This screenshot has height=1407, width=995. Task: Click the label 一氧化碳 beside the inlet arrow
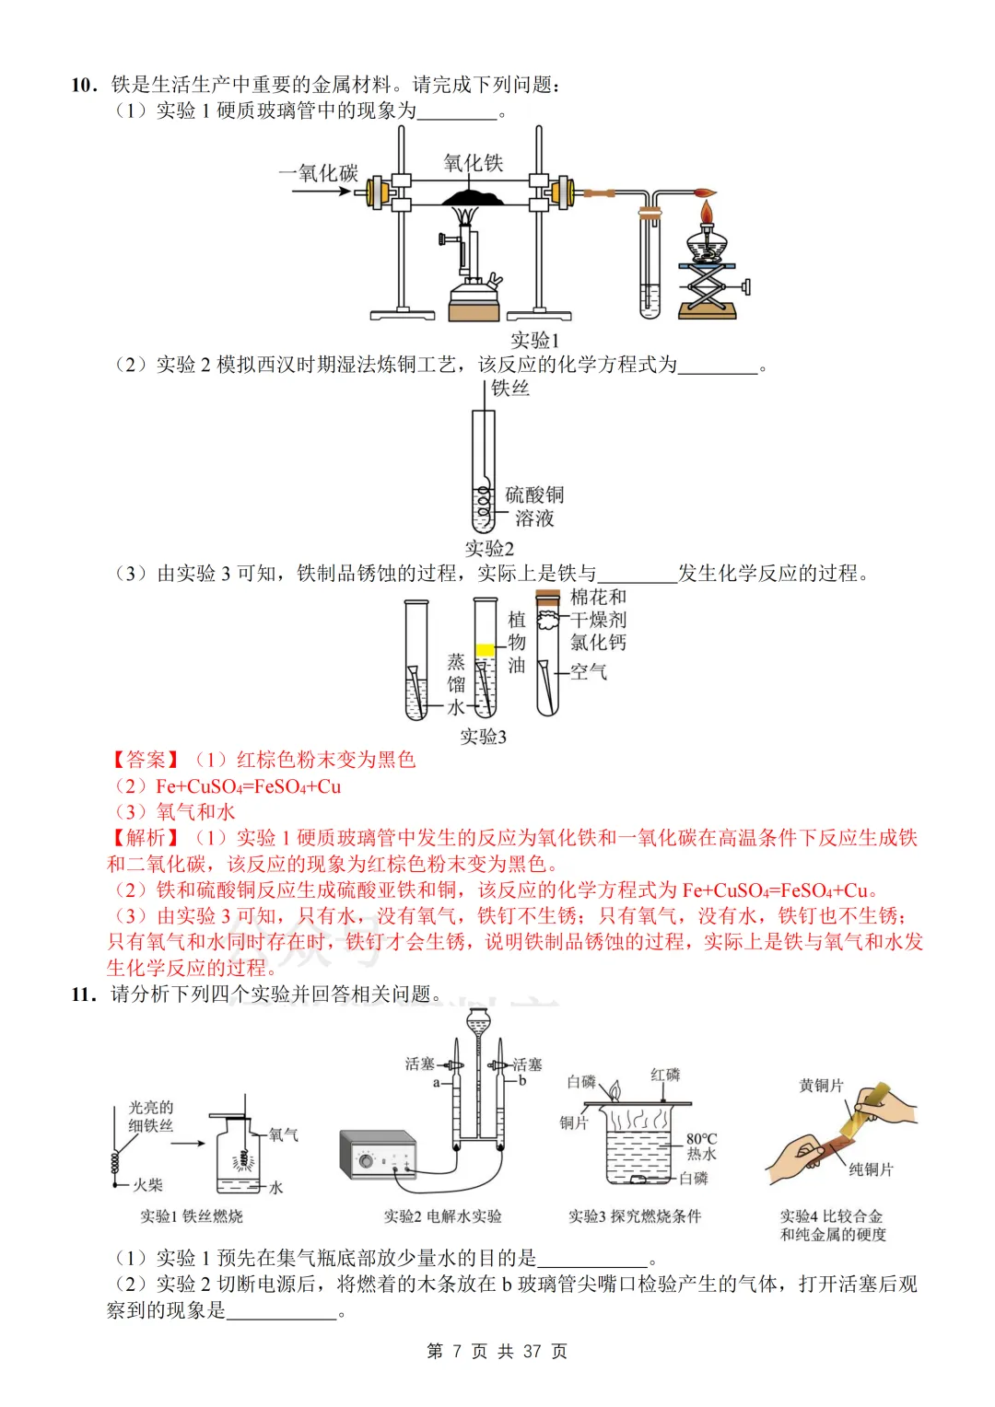click(x=318, y=173)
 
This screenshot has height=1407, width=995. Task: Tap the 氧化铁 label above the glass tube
click(x=473, y=163)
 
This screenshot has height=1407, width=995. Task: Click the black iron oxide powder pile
click(x=472, y=197)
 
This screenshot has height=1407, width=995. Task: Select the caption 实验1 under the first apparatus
click(x=534, y=340)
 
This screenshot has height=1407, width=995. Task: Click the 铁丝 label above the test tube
click(x=509, y=388)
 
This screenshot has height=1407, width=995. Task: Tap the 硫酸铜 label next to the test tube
click(x=534, y=494)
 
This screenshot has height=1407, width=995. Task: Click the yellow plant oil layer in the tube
click(x=485, y=650)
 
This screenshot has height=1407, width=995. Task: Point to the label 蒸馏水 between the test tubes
click(x=456, y=684)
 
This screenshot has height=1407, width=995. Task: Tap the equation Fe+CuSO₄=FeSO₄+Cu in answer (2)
click(x=248, y=786)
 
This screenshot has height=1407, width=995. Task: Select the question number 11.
click(x=83, y=994)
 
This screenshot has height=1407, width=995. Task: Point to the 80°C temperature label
click(x=701, y=1139)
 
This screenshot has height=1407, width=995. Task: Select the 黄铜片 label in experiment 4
click(x=821, y=1086)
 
